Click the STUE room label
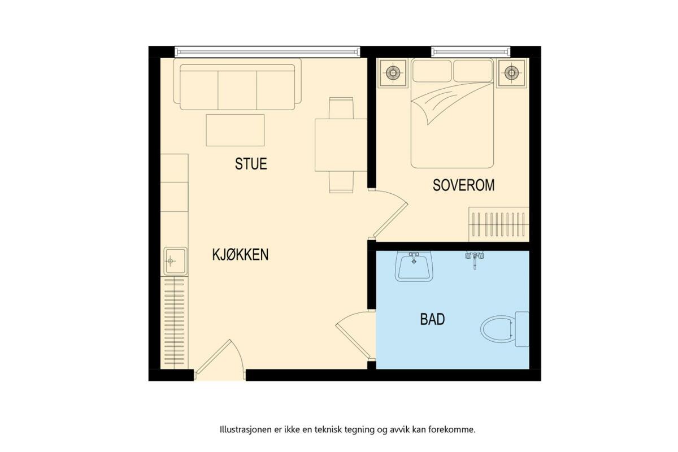(251, 164)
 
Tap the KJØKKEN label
(240, 255)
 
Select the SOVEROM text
(463, 185)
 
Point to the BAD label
(433, 319)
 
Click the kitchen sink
(175, 261)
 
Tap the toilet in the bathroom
(505, 329)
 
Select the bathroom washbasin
(414, 267)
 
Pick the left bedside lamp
(393, 73)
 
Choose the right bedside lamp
(511, 73)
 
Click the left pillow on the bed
(432, 71)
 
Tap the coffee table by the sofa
(235, 130)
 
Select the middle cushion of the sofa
(237, 90)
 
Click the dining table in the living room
(341, 145)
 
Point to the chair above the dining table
(341, 108)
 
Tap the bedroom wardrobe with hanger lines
(499, 224)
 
